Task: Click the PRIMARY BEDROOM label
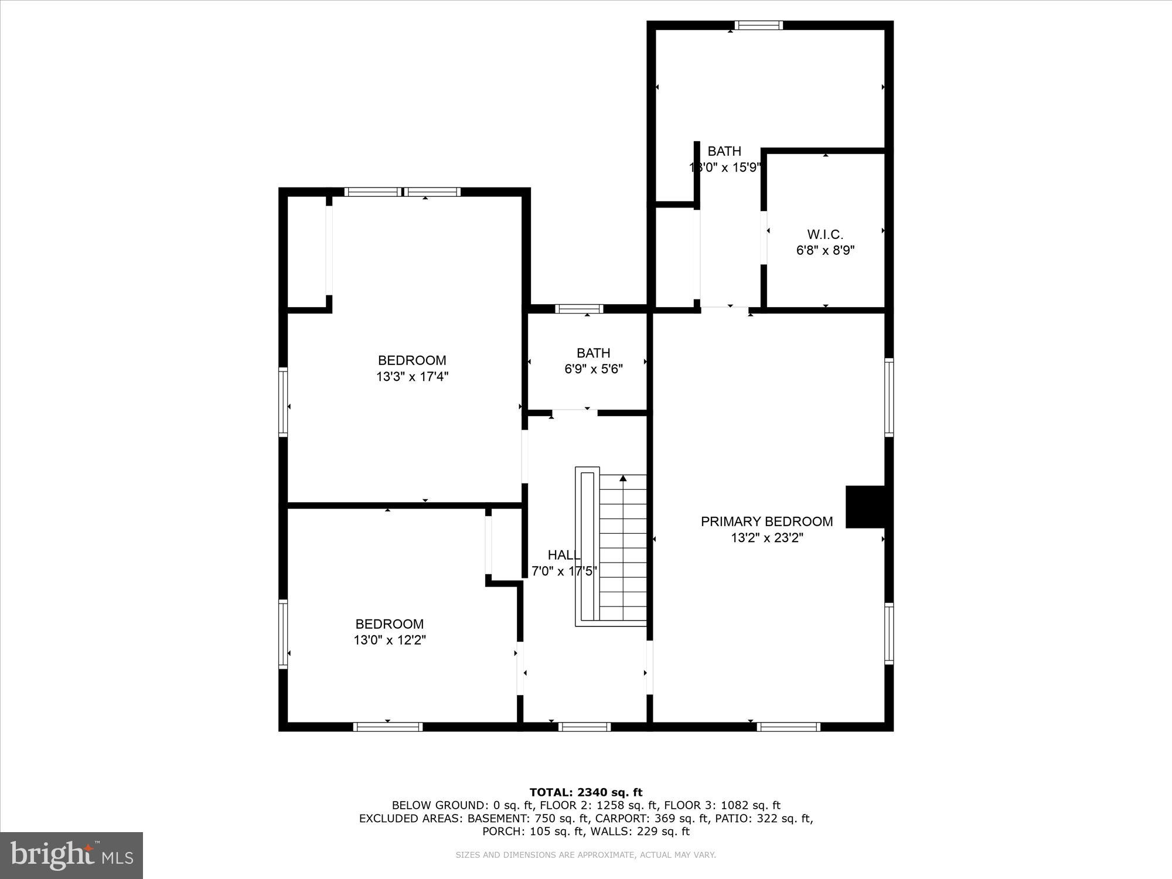pyautogui.click(x=766, y=522)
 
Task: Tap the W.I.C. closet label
pyautogui.click(x=825, y=234)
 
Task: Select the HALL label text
pyautogui.click(x=564, y=555)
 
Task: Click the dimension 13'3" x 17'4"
pyautogui.click(x=412, y=377)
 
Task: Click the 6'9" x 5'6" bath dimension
pyautogui.click(x=594, y=369)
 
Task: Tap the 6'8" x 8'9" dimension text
pyautogui.click(x=825, y=251)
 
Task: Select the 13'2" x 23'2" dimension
pyautogui.click(x=766, y=538)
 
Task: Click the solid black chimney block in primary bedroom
pyautogui.click(x=865, y=507)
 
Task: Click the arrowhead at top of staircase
pyautogui.click(x=623, y=479)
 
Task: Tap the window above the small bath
pyautogui.click(x=579, y=309)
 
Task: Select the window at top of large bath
pyautogui.click(x=759, y=25)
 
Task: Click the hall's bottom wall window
pyautogui.click(x=584, y=727)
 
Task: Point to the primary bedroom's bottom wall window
pyautogui.click(x=788, y=727)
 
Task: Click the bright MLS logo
pyautogui.click(x=71, y=856)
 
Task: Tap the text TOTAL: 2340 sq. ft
pyautogui.click(x=586, y=792)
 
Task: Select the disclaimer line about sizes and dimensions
pyautogui.click(x=586, y=855)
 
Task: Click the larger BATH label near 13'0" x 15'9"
pyautogui.click(x=724, y=151)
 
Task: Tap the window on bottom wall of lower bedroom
pyautogui.click(x=388, y=727)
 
